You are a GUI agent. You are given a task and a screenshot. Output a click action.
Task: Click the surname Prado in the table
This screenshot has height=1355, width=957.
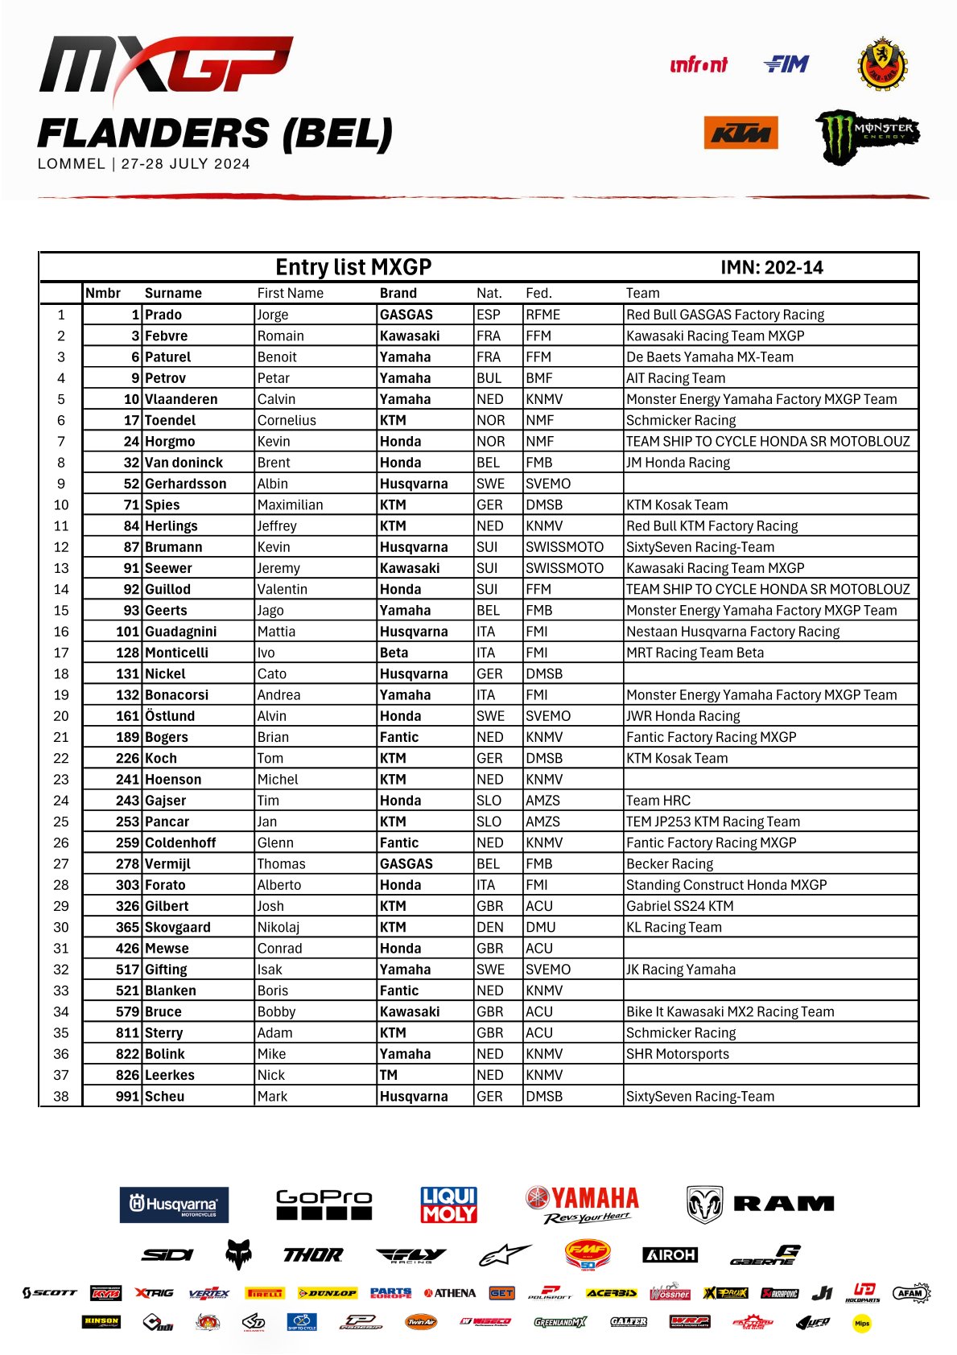click(x=163, y=315)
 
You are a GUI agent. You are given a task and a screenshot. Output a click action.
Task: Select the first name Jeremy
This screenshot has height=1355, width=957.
click(x=278, y=568)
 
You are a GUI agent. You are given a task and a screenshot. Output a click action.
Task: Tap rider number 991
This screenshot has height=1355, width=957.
click(x=127, y=1096)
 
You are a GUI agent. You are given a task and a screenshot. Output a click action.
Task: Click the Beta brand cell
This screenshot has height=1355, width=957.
click(x=394, y=653)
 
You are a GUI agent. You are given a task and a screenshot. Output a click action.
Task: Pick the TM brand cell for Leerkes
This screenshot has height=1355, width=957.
click(x=389, y=1075)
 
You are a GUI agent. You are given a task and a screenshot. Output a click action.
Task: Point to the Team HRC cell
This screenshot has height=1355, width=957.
click(x=658, y=801)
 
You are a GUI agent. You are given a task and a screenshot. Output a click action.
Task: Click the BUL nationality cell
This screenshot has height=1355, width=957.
click(x=489, y=378)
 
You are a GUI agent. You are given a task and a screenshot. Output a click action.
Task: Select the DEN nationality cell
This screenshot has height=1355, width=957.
click(x=489, y=927)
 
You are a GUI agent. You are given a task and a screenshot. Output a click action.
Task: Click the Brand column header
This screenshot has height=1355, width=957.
click(x=398, y=293)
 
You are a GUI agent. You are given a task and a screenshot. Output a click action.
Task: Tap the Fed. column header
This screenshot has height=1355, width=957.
click(x=538, y=293)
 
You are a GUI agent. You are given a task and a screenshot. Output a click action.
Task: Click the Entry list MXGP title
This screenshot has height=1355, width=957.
click(x=353, y=267)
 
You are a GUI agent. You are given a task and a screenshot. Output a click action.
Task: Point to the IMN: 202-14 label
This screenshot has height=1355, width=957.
click(x=771, y=268)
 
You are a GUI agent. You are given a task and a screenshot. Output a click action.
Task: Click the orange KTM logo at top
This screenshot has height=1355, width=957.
click(x=740, y=133)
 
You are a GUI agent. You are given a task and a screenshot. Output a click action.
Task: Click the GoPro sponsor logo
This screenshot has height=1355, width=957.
click(x=324, y=1204)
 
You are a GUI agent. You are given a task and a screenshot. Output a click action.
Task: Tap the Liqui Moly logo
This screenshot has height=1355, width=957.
click(x=449, y=1205)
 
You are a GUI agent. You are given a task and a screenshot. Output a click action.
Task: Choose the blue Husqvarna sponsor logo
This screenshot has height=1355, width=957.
click(x=174, y=1205)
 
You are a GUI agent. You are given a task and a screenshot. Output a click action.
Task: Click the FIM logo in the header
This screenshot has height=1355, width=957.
click(x=786, y=64)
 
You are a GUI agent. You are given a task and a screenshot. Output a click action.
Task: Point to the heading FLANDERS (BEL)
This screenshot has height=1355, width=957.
click(x=215, y=134)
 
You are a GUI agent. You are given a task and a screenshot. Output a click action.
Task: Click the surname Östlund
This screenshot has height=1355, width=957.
click(x=170, y=716)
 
